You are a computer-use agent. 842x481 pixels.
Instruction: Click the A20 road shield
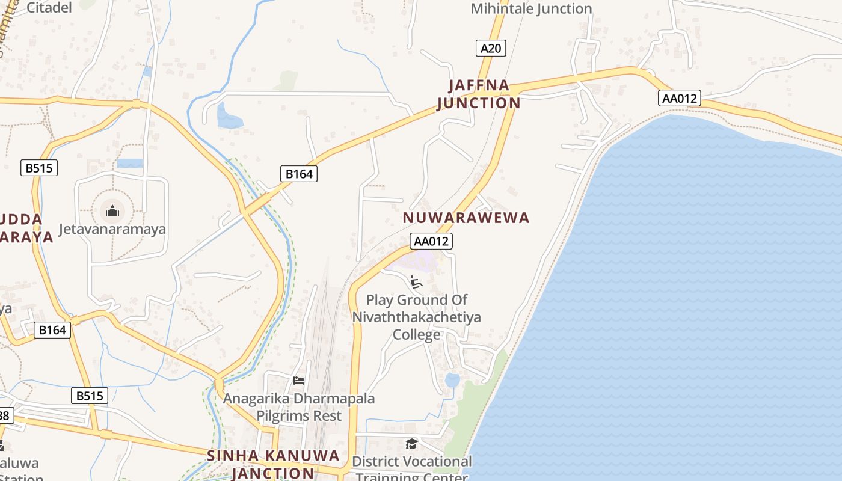[x=491, y=48]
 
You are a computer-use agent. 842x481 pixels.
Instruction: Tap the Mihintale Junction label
[x=531, y=8]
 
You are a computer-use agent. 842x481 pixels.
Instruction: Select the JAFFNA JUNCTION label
[x=479, y=94]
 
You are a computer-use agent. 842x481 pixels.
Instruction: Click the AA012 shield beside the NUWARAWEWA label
[x=431, y=241]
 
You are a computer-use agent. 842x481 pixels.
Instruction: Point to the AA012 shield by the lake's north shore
[x=680, y=98]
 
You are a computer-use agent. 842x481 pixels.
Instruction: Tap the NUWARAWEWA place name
[x=466, y=218]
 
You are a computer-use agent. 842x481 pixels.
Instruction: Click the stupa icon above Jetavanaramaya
[x=112, y=211]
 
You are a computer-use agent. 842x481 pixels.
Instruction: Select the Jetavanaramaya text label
[x=112, y=229]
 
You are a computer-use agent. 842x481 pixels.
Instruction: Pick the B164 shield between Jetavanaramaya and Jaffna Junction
[x=299, y=174]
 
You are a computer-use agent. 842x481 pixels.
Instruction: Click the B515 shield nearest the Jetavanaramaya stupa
[x=40, y=168]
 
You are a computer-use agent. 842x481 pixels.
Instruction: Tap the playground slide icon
[x=416, y=281]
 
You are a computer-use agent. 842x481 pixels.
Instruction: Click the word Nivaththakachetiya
[x=416, y=317]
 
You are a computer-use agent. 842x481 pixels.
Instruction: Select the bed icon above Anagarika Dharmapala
[x=298, y=380]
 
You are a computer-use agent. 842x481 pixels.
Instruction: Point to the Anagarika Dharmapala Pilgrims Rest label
[x=299, y=407]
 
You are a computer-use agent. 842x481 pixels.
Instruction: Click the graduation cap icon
[x=411, y=444]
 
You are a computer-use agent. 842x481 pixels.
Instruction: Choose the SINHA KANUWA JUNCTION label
[x=273, y=464]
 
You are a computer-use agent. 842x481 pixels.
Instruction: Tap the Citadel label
[x=49, y=7]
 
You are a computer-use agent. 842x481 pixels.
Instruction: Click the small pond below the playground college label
[x=452, y=380]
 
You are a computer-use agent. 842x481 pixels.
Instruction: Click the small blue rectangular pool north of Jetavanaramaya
[x=130, y=163]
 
